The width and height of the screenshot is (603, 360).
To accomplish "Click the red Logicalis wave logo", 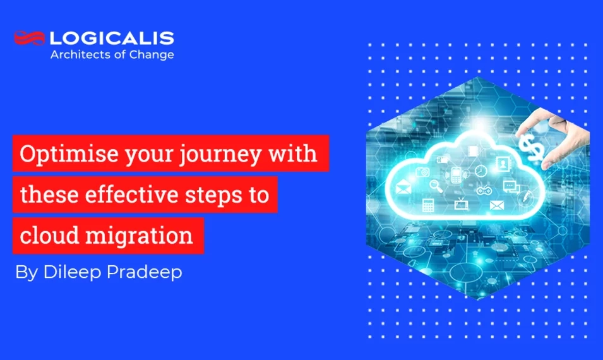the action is tap(29, 38).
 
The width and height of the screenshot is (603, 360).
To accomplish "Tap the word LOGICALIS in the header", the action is tap(112, 38).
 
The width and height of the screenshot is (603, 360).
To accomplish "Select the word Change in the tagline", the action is tap(152, 55).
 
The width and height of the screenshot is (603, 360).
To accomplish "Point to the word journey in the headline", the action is tap(221, 155).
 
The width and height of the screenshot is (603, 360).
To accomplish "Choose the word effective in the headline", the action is tap(132, 195).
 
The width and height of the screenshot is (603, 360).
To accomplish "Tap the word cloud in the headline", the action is tap(50, 235).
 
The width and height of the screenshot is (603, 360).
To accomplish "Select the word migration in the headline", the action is tap(139, 236).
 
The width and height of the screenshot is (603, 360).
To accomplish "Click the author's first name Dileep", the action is tap(72, 272).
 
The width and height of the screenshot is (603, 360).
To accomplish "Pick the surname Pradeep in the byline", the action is tap(144, 272).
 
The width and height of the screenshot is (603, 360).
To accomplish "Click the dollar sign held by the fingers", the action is tap(532, 147).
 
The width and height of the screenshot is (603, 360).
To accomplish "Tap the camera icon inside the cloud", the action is tap(422, 172).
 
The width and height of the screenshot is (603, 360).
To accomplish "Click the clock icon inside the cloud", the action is tap(481, 171).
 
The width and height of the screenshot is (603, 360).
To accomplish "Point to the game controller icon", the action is tap(483, 190).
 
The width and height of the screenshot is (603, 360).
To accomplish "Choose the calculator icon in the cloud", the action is tap(427, 205).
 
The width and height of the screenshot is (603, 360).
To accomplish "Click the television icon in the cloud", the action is tap(461, 203).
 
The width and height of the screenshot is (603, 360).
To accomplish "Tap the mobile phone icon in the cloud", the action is tap(456, 176).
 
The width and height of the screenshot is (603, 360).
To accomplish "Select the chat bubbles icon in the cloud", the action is tap(511, 186).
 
